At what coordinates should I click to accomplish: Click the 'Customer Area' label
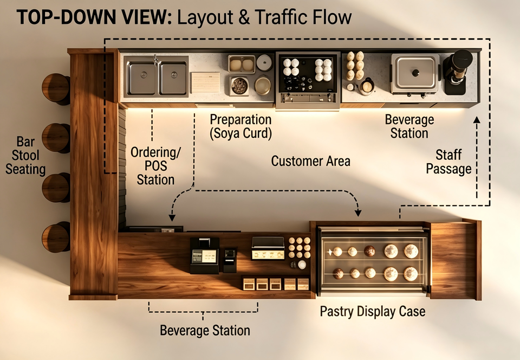pos(310,161)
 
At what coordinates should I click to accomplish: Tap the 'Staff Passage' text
pos(448,162)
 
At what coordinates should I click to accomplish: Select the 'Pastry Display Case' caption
pos(373,312)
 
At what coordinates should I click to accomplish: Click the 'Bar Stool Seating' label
pos(25,156)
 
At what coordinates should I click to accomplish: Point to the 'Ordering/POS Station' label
pos(155,166)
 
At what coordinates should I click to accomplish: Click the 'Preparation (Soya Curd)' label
pos(240,127)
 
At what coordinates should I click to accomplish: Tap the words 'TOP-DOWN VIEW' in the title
pos(94,17)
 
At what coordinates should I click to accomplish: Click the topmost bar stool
pos(56,88)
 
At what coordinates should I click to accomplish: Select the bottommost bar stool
pos(56,237)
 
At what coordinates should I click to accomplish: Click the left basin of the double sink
pos(142,78)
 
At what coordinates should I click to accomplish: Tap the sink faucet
pos(156,60)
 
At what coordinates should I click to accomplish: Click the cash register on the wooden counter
pos(204,255)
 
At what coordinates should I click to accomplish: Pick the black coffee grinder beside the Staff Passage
pos(458,72)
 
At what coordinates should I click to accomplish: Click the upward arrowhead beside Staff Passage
pos(477,120)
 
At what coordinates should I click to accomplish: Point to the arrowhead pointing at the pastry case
pos(358,213)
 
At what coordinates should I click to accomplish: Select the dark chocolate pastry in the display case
pos(370,251)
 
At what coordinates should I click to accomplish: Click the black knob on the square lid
pos(415,73)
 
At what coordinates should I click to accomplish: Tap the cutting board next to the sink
pos(206,82)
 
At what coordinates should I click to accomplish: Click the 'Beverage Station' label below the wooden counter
pos(205,331)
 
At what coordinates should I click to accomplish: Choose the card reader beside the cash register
pos(230,260)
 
